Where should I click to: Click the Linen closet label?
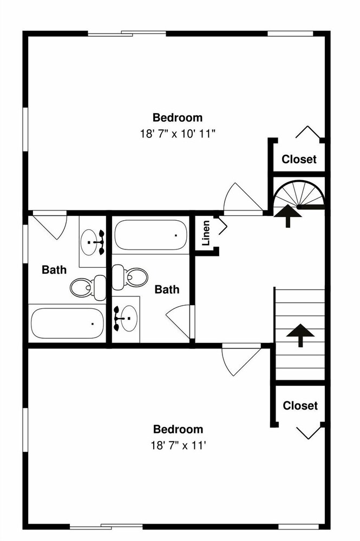coord(206,233)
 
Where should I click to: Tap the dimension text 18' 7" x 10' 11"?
coord(178,134)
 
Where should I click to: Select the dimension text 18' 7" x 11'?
coord(178,445)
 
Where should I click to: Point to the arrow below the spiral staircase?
coord(288,216)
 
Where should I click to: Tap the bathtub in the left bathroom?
coord(67,324)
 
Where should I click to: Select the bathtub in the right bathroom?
coord(151,235)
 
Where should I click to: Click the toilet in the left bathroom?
coord(88,287)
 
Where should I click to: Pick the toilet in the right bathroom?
coord(130,277)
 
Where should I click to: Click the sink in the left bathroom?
coord(93,242)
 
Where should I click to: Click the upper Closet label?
coord(299,159)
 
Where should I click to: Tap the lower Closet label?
coord(300,405)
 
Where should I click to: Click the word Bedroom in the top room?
coord(178,117)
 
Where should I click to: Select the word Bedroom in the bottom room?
coord(178,429)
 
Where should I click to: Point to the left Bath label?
coord(54,269)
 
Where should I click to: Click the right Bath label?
coord(167,289)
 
